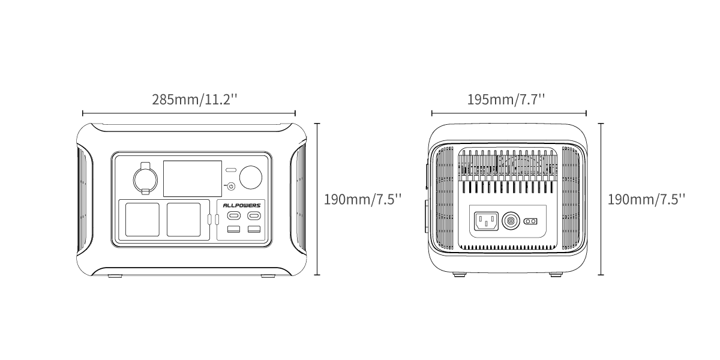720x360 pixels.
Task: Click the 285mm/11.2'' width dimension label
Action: coord(194,100)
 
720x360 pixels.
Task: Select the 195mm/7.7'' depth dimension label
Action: coord(506,100)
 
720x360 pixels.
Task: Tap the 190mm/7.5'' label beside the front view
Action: coord(362,200)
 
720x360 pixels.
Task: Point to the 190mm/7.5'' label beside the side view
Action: coord(646,200)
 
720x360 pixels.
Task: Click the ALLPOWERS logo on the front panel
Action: coord(242,205)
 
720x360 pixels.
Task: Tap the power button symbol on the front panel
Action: coord(231,186)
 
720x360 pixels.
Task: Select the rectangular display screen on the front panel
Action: coord(193,178)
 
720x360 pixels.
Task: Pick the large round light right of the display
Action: coord(251,178)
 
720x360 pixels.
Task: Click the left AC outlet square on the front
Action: coord(142,220)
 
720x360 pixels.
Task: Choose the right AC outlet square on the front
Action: coord(184,220)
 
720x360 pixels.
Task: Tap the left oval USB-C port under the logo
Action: coord(233,215)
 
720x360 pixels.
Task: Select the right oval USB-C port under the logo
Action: coord(254,215)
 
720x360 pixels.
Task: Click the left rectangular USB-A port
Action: coord(233,229)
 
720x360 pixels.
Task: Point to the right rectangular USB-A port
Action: coord(254,229)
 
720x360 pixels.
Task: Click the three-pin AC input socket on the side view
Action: coord(487,221)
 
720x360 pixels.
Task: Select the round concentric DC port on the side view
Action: coord(511,221)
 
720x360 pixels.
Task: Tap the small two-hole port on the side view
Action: coord(530,221)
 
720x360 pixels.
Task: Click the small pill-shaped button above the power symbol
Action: coord(231,170)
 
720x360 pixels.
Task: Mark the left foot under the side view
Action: coord(460,274)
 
